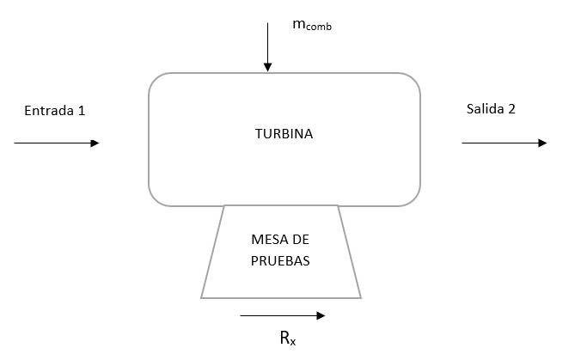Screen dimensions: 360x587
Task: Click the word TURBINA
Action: tap(284, 134)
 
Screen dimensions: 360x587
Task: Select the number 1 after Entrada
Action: tap(82, 111)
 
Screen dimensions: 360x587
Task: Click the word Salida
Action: tap(484, 108)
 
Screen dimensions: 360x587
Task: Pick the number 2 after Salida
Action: tap(512, 108)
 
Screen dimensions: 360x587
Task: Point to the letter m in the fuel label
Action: tap(298, 25)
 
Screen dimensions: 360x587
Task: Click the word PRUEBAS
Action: tap(281, 259)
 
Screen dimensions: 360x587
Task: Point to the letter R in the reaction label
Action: tap(284, 338)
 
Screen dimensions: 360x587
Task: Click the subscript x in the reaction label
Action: tap(294, 342)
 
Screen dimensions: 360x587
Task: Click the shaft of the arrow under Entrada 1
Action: tap(52, 143)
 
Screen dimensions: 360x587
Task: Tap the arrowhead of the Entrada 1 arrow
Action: tap(95, 143)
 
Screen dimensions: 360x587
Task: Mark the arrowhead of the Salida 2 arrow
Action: tap(541, 143)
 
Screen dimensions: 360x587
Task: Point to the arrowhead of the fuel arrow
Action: tap(267, 67)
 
